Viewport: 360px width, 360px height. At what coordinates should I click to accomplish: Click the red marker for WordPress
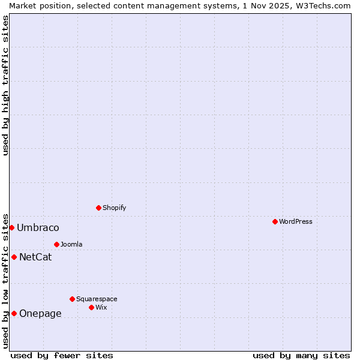coord(275,221)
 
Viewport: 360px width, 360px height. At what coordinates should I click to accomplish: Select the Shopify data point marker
coord(98,208)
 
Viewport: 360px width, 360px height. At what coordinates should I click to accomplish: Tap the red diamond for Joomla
coord(56,244)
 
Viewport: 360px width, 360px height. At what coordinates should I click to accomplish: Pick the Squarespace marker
coord(72,299)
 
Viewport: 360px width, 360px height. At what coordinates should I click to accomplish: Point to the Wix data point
coord(91,307)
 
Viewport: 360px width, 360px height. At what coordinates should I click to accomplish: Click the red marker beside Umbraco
coord(11,227)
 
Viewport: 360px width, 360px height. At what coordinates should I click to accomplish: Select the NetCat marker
coord(14,257)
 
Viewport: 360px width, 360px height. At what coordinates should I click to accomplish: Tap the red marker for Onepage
coord(14,313)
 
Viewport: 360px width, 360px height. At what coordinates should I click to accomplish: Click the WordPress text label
coord(296,221)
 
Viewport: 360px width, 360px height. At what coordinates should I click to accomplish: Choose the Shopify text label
coord(115,208)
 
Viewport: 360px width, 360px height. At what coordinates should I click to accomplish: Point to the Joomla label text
coord(71,244)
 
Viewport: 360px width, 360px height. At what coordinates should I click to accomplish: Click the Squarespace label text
coord(97,299)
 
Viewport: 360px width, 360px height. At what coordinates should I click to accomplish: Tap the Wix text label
coord(101,307)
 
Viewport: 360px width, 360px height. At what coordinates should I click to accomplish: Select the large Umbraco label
coord(38,227)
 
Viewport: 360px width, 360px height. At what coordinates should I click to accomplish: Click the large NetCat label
coord(35,257)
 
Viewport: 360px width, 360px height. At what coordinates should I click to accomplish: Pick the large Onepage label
coord(40,313)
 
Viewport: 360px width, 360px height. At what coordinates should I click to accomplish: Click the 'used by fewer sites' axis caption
coord(62,355)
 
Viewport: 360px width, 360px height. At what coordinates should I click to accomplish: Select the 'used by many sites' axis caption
coord(301,355)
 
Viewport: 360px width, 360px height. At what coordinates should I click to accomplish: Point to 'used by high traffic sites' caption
coord(5,85)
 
